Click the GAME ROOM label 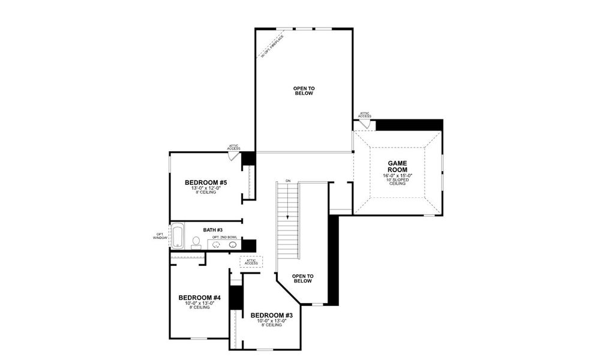coord(397,166)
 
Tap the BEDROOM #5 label coord(205,182)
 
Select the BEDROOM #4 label coord(200,298)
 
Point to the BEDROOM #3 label coord(271,316)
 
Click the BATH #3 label coord(213,230)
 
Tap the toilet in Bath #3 coord(196,242)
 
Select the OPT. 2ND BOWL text coord(224,238)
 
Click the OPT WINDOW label coord(160,236)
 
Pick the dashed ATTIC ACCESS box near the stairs coord(251,262)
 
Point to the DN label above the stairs coord(288,181)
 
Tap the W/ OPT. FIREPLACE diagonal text coord(272,47)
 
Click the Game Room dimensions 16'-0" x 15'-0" coord(397,175)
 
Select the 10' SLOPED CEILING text coord(397,181)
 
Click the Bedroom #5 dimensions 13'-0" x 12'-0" coord(205,188)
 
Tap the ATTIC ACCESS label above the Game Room coord(365,115)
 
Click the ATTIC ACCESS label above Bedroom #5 coord(234,146)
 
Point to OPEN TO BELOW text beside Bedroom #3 coord(302,278)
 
